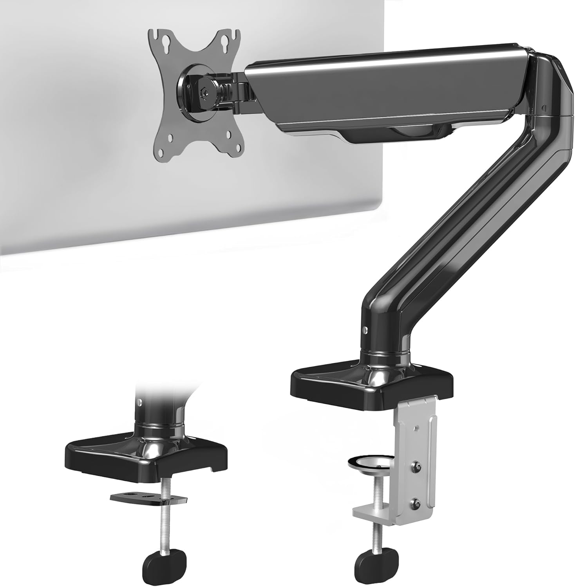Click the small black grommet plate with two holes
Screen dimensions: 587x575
coord(148,498)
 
